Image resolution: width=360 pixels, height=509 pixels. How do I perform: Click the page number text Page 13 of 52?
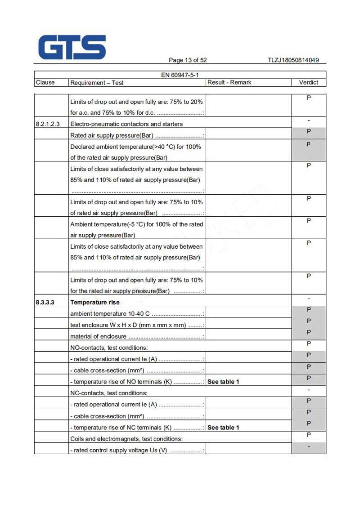(188, 60)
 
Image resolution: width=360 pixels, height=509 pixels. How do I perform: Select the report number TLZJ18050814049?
(293, 60)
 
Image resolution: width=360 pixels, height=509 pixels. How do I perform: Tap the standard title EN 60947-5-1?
(180, 75)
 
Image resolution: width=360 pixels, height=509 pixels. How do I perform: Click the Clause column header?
(45, 82)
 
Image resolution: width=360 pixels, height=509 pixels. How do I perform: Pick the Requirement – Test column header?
(97, 83)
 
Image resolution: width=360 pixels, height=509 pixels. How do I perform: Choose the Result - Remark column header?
(229, 82)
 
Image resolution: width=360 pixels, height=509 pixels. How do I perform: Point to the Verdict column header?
(309, 82)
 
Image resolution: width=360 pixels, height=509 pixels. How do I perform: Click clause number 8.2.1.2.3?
(48, 124)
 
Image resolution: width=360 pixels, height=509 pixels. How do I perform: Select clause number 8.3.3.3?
(45, 303)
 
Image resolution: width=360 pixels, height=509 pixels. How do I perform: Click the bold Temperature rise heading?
(95, 303)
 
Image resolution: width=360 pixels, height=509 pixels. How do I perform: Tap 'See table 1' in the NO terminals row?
(223, 382)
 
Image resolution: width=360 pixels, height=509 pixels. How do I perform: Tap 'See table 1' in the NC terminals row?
(223, 428)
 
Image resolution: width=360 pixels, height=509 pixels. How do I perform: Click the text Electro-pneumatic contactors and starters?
(126, 124)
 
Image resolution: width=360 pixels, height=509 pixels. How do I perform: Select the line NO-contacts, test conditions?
(109, 348)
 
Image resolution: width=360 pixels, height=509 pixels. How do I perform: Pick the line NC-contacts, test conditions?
(109, 393)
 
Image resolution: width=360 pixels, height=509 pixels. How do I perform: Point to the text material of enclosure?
(99, 336)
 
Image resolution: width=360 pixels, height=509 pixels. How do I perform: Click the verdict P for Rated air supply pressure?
(309, 131)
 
